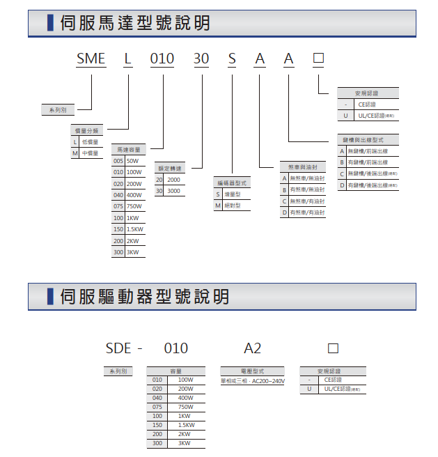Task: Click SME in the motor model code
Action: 91,59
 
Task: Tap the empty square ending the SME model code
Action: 318,59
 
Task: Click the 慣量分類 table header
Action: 88,130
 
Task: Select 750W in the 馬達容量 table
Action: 134,206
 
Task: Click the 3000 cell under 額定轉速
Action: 173,190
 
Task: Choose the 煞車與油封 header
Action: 303,167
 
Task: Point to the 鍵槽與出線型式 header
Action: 368,139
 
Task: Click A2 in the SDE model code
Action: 251,348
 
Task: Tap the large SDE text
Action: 118,348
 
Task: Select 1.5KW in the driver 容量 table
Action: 186,424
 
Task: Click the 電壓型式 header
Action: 252,371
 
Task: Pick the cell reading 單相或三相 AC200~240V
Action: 252,381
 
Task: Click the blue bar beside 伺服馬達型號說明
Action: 50,24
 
